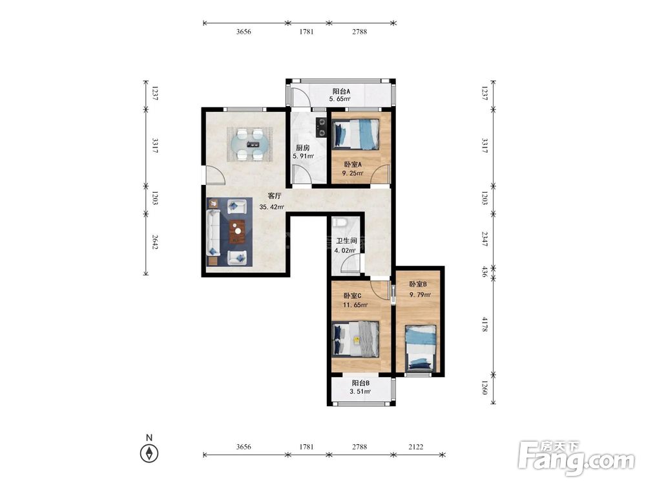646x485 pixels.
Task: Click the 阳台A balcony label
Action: pyautogui.click(x=341, y=91)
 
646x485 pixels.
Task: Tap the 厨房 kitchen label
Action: pyautogui.click(x=303, y=147)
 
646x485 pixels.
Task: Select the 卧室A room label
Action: pyautogui.click(x=353, y=164)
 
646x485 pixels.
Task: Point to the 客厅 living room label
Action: pyautogui.click(x=275, y=195)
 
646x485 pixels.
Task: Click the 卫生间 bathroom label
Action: pyautogui.click(x=346, y=241)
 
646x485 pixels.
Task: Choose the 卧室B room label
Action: pyautogui.click(x=418, y=284)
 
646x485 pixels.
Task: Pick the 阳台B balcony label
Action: pyautogui.click(x=360, y=383)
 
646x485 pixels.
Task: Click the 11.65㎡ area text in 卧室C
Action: pyautogui.click(x=355, y=305)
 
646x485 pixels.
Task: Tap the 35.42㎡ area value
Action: pyautogui.click(x=272, y=207)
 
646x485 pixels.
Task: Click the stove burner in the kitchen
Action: pyautogui.click(x=321, y=127)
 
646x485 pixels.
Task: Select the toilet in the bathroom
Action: pyautogui.click(x=340, y=222)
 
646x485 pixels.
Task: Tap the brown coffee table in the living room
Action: pyautogui.click(x=237, y=232)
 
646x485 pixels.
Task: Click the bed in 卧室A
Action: pyautogui.click(x=355, y=134)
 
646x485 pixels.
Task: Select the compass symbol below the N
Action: pyautogui.click(x=149, y=453)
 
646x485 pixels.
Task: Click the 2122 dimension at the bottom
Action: pyautogui.click(x=415, y=447)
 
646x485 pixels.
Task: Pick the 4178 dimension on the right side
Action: pyautogui.click(x=485, y=325)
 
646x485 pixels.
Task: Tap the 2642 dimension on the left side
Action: pyautogui.click(x=155, y=242)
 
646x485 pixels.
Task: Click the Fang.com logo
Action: pyautogui.click(x=576, y=458)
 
